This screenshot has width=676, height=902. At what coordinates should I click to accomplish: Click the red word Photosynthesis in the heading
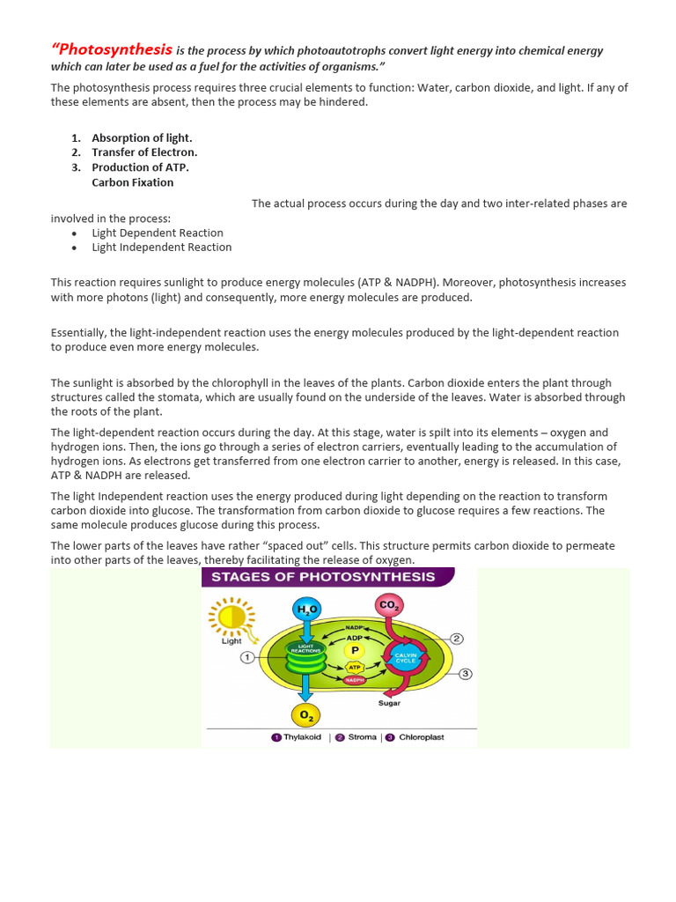(x=112, y=49)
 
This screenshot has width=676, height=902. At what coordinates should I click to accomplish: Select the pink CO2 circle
(x=388, y=606)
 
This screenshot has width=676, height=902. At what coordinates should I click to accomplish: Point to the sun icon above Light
(x=231, y=617)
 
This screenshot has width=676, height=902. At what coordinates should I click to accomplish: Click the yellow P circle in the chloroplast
(x=356, y=650)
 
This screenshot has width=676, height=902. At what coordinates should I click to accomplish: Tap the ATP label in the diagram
(x=356, y=668)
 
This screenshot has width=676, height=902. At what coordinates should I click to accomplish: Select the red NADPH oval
(x=356, y=680)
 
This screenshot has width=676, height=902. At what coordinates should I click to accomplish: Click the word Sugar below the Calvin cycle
(x=390, y=704)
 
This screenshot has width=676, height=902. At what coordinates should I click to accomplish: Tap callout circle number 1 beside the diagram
(x=247, y=657)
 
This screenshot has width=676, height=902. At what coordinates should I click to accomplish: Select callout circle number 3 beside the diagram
(x=466, y=674)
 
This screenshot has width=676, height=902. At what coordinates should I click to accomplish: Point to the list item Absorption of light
(x=142, y=138)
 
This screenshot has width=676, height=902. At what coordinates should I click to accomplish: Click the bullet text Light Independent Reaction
(x=162, y=248)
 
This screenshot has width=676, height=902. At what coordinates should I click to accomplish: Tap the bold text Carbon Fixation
(x=133, y=182)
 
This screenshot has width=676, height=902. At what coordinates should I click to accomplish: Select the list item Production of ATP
(x=140, y=167)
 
